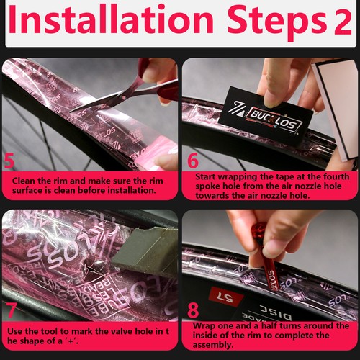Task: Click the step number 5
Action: pyautogui.click(x=9, y=161)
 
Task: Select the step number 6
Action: pyautogui.click(x=193, y=160)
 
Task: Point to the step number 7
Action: pyautogui.click(x=11, y=310)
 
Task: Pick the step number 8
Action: pyautogui.click(x=193, y=310)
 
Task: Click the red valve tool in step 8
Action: pyautogui.click(x=266, y=257)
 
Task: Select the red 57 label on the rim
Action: pyautogui.click(x=225, y=297)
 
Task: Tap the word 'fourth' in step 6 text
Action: pyautogui.click(x=336, y=176)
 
